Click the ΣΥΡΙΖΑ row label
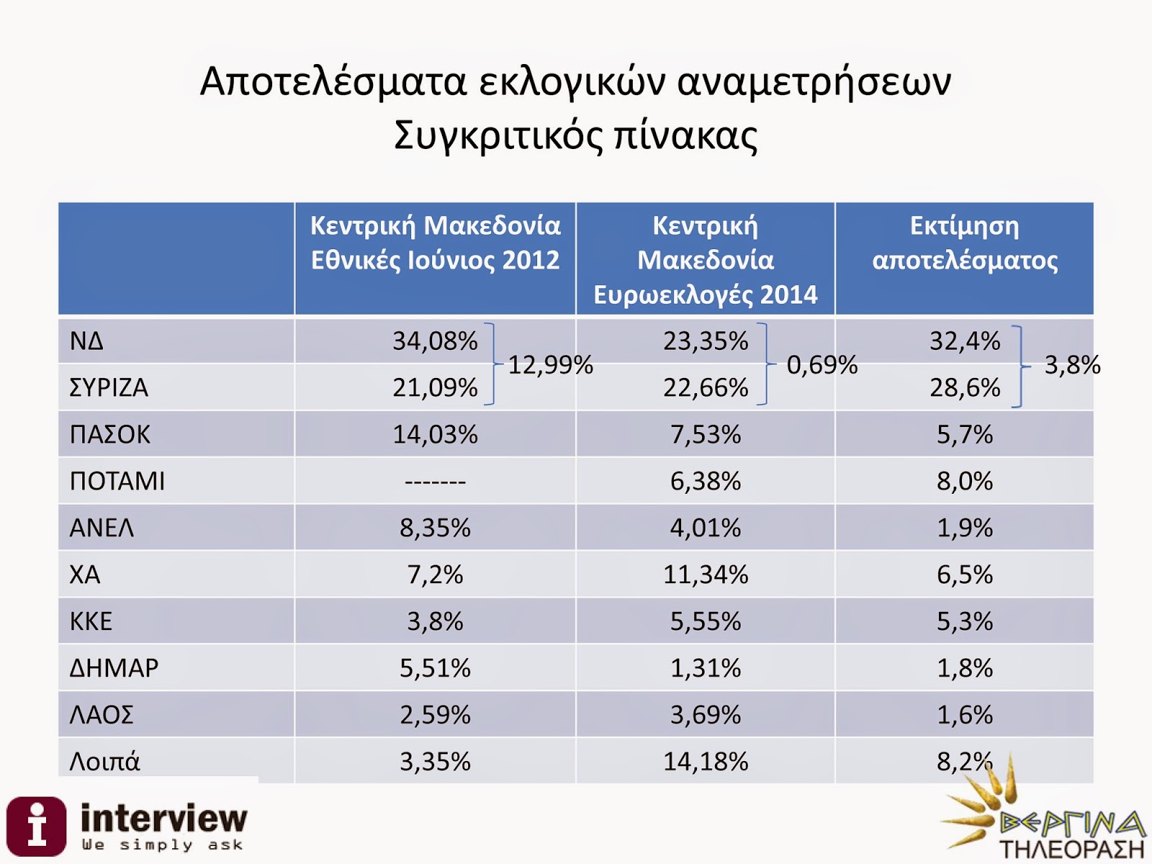(x=109, y=387)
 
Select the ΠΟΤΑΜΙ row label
(x=117, y=481)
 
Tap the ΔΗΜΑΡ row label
(x=114, y=668)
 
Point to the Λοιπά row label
(x=104, y=762)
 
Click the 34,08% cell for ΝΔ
(x=435, y=341)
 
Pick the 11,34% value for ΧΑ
(x=706, y=575)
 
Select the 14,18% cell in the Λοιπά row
(x=706, y=762)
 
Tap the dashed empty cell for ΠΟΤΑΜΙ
(x=435, y=481)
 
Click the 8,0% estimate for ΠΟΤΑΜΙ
(x=965, y=481)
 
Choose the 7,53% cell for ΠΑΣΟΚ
(x=706, y=434)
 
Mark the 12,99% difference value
(x=551, y=365)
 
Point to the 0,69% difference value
(x=822, y=365)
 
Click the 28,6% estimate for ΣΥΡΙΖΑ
(x=965, y=387)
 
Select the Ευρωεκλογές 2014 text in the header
(x=706, y=294)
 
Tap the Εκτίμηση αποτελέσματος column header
(x=965, y=243)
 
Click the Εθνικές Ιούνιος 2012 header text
(x=435, y=260)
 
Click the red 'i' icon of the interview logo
(x=36, y=826)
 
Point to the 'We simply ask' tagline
(x=162, y=845)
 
